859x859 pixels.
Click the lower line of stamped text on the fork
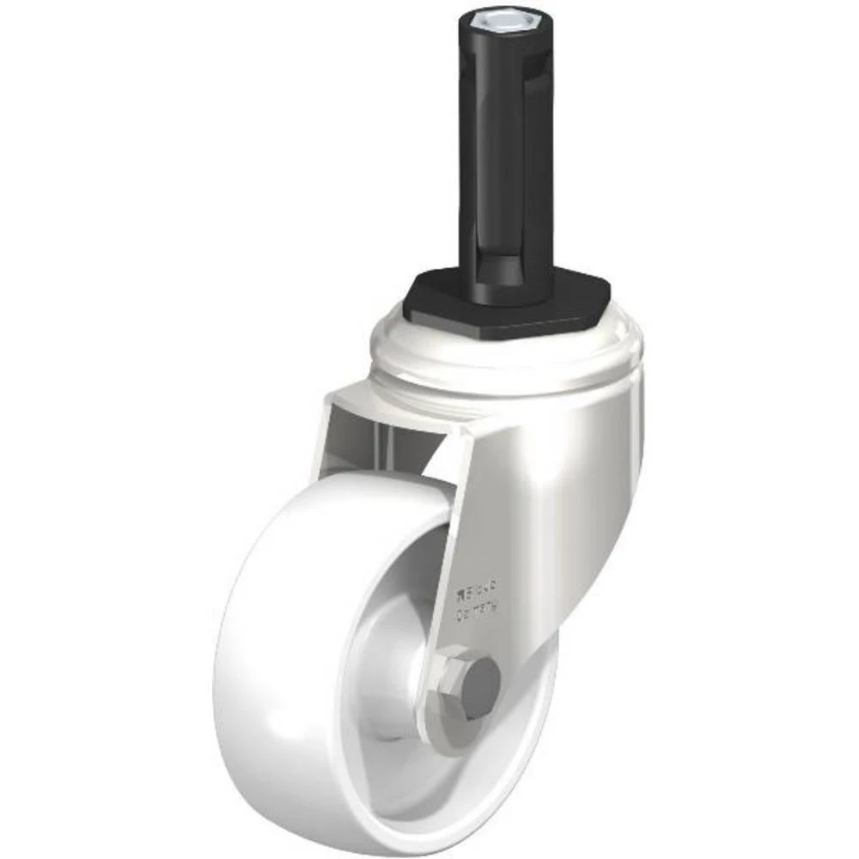[x=478, y=612]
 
